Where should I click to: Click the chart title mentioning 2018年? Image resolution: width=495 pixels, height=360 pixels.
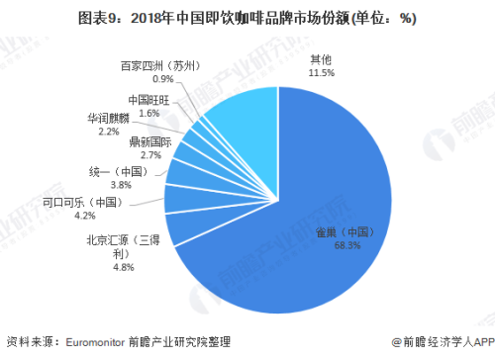tap(247, 17)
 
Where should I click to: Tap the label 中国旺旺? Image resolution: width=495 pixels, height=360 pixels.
tap(150, 101)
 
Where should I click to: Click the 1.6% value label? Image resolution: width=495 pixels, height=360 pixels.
tap(150, 114)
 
